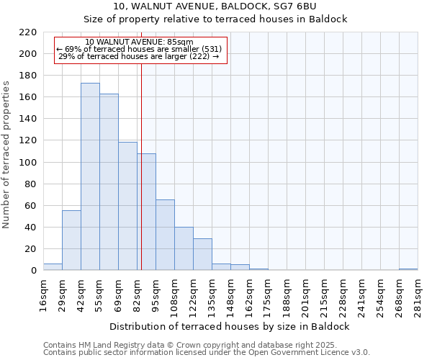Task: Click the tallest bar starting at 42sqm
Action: point(90,176)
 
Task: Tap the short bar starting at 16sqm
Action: point(53,267)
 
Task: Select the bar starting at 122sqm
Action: point(202,254)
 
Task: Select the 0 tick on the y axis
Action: point(34,271)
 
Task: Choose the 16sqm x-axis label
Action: point(44,295)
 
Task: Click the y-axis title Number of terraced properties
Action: point(7,155)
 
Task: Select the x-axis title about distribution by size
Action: point(230,326)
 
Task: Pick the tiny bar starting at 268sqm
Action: point(408,269)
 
